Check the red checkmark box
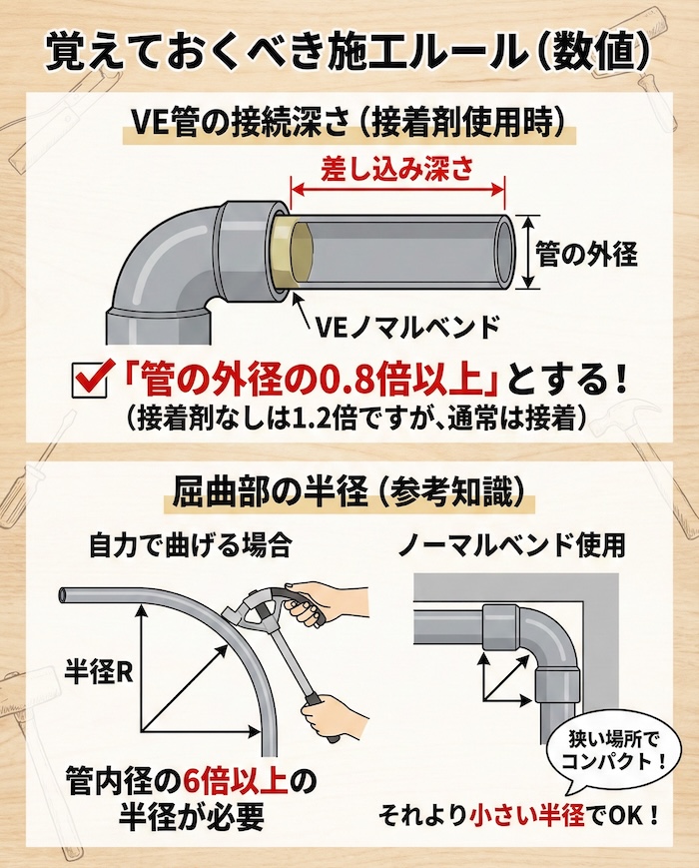(x=92, y=380)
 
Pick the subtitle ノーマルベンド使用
(x=510, y=545)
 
